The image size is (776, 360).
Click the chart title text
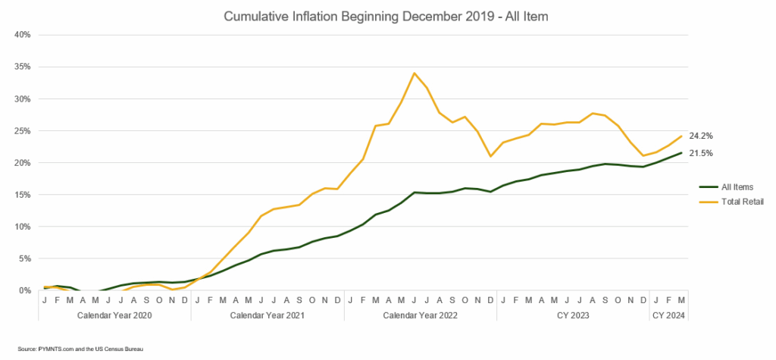[387, 14]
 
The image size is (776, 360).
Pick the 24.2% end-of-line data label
[700, 136]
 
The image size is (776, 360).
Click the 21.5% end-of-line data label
[700, 153]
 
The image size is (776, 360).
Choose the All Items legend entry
[732, 186]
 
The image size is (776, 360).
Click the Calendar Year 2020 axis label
[114, 313]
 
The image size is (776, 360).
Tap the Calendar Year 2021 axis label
[268, 313]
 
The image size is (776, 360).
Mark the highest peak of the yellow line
[415, 73]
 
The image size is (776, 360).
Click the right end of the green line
[682, 152]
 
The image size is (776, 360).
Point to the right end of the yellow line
[682, 136]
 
